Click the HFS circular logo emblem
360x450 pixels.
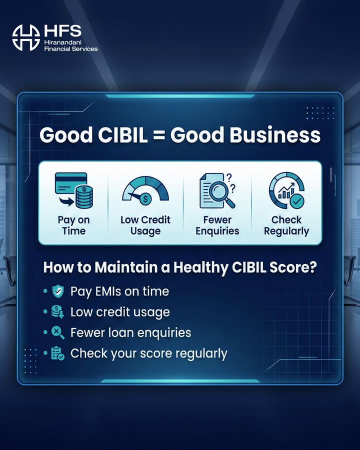click(26, 37)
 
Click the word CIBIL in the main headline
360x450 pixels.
click(119, 135)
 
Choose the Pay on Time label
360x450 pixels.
click(73, 225)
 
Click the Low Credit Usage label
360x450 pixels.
click(145, 225)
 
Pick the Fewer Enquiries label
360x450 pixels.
click(217, 225)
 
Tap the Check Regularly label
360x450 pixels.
click(286, 225)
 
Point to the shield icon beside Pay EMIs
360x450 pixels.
click(58, 291)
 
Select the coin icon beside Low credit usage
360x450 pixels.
click(58, 312)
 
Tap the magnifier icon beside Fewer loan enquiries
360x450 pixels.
click(58, 332)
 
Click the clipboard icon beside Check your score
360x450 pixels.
click(58, 353)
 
